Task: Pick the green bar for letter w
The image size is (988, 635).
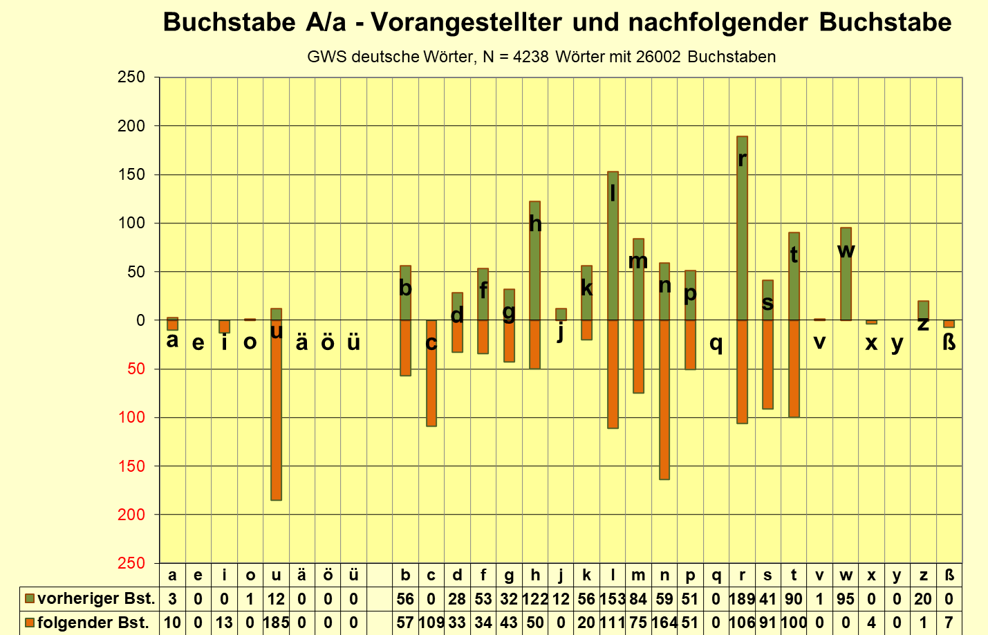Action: tap(846, 284)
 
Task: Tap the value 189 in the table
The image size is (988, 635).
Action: tap(742, 599)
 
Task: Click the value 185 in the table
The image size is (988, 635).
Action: tap(276, 623)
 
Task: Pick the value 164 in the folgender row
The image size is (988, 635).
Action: tap(664, 623)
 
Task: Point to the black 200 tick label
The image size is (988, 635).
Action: tap(131, 126)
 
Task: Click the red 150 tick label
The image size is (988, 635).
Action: tap(131, 466)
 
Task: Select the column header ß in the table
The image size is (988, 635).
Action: tap(949, 576)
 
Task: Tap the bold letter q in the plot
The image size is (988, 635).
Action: tap(716, 343)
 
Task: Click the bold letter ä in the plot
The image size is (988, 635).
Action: tap(301, 342)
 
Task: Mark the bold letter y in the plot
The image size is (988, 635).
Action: tap(897, 343)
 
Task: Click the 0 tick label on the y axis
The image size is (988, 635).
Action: tap(141, 320)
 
